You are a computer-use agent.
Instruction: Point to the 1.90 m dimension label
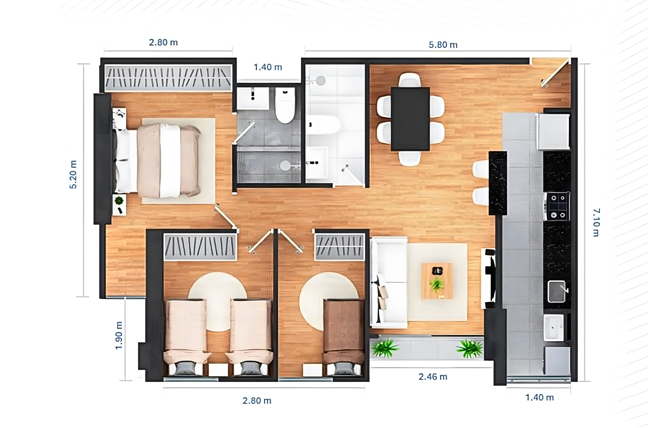tap(119, 336)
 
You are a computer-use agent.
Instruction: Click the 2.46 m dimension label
tap(433, 377)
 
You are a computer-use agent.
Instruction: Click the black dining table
tap(410, 119)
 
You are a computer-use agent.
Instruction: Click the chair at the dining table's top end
tap(409, 79)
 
